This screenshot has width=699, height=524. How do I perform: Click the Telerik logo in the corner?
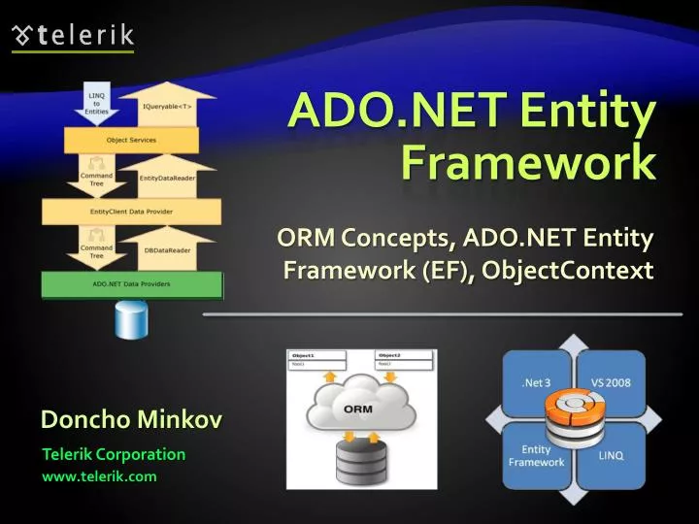point(74,36)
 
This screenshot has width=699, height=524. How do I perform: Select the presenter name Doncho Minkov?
point(131,419)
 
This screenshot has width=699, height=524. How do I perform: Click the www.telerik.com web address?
point(98,476)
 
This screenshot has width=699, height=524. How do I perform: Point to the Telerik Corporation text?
point(114,454)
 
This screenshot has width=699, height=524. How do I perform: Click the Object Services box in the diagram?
point(130,141)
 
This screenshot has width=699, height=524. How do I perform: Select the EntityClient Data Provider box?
point(130,212)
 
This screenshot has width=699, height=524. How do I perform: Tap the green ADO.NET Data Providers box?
point(130,283)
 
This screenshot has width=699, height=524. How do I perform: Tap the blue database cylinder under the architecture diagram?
point(130,319)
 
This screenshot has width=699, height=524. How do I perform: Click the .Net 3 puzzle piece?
point(535,381)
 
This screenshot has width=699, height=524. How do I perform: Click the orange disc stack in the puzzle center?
point(573,418)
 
